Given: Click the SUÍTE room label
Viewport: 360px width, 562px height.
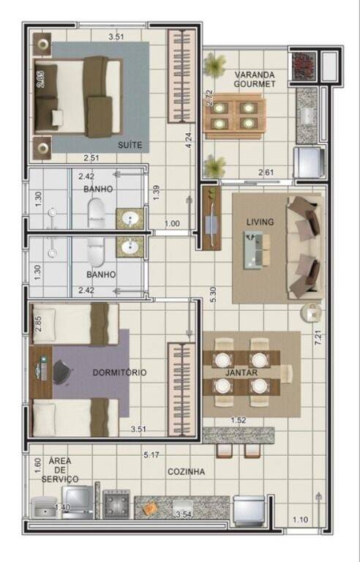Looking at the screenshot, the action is tap(130, 145).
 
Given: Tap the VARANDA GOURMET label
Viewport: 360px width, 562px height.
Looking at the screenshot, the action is tap(255, 79).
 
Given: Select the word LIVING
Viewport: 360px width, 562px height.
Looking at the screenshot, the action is tap(260, 222).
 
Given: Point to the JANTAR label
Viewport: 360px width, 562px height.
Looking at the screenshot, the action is tap(241, 372).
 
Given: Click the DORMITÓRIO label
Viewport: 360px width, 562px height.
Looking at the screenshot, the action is tap(119, 372).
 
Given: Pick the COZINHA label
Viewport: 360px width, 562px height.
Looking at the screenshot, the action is tap(186, 472).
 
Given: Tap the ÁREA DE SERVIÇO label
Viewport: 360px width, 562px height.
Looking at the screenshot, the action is tap(60, 470).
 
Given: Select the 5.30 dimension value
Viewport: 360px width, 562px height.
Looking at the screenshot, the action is tap(213, 295).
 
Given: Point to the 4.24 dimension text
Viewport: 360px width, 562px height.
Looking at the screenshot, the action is tap(189, 140).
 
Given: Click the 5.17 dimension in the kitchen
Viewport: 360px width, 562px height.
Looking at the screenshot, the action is tap(151, 455).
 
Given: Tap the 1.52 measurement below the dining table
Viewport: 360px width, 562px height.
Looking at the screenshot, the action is tap(238, 420).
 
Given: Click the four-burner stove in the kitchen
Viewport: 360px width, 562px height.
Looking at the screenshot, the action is tap(116, 504).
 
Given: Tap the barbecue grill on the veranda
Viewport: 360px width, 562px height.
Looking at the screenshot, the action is tap(304, 66).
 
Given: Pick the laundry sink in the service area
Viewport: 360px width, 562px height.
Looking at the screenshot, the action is tap(44, 508).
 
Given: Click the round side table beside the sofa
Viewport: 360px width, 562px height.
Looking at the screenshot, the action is tap(310, 312).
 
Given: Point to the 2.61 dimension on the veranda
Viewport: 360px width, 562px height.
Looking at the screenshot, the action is tap(266, 173).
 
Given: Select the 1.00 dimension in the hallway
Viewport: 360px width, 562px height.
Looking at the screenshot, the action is tap(172, 224).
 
